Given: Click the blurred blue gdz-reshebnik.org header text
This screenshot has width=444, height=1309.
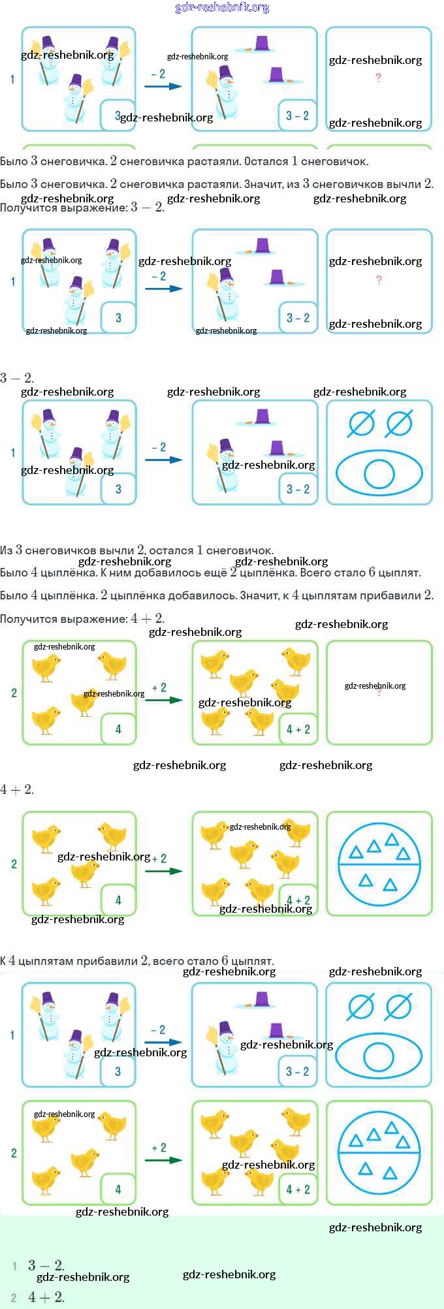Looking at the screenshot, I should click(222, 8).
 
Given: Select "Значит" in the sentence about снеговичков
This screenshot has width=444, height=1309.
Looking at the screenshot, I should click(263, 184).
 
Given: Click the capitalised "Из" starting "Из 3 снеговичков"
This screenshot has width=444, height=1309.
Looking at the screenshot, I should click(7, 550).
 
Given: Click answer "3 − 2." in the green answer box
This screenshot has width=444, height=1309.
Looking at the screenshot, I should click(46, 1265).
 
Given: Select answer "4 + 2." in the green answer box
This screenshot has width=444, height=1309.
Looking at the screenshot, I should click(46, 1297).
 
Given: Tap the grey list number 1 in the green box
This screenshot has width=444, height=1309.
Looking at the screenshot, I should click(14, 1266).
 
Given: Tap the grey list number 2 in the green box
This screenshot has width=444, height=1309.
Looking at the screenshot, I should click(14, 1298).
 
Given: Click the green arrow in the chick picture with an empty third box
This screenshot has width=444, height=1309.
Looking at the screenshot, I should click(164, 700).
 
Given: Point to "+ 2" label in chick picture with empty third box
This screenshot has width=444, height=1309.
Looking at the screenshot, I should click(159, 687).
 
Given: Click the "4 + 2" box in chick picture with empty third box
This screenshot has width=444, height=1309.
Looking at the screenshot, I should click(298, 729).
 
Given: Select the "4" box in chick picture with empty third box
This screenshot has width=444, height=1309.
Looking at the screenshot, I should click(118, 729).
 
